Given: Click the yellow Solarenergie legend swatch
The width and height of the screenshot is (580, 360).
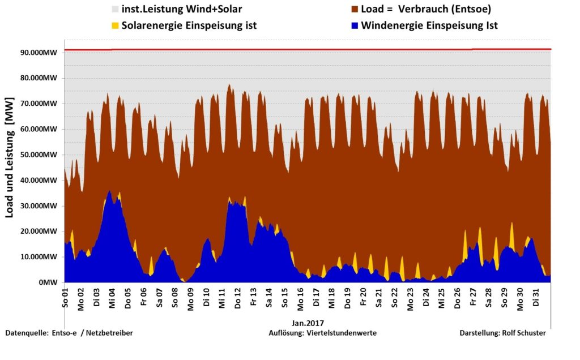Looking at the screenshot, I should [114, 25].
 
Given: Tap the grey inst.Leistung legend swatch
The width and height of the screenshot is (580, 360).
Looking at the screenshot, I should [114, 9].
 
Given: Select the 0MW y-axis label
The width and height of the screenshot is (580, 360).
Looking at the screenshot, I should [49, 282].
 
